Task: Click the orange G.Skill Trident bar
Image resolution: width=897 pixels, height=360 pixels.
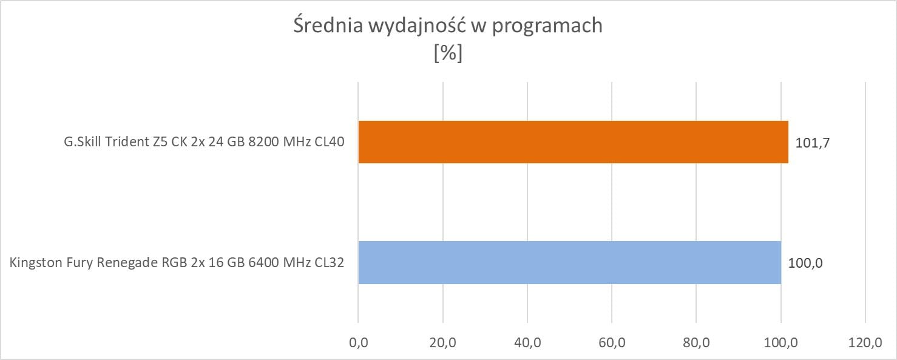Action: (x=573, y=142)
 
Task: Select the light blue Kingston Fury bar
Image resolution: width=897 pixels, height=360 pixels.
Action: (x=569, y=262)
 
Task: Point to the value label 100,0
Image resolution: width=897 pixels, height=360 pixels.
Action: (x=805, y=263)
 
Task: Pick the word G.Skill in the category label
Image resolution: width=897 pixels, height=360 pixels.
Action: (x=82, y=143)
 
